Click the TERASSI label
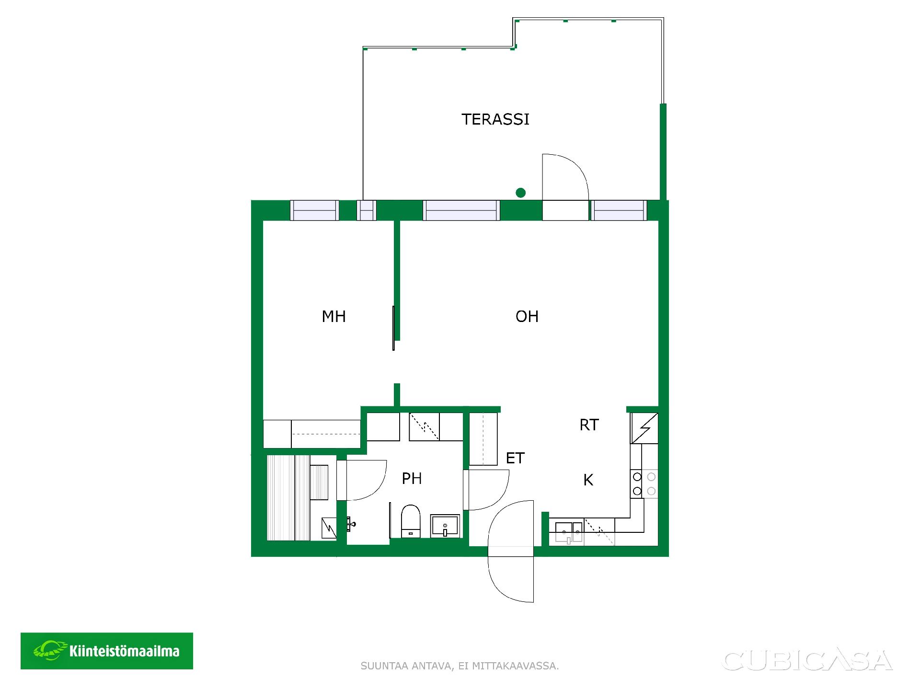[x=495, y=119]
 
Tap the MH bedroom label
[x=334, y=316]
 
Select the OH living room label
[x=527, y=316]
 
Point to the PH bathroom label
[x=412, y=478]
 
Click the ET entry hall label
[x=515, y=458]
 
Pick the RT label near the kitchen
[x=589, y=425]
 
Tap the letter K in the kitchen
[x=588, y=480]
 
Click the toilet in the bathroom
[x=410, y=521]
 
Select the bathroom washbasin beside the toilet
[x=445, y=526]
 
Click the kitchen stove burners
[x=644, y=484]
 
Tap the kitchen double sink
[x=569, y=532]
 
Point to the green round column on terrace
[x=521, y=193]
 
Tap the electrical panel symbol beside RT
[x=644, y=428]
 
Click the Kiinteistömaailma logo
[x=107, y=651]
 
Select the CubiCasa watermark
[x=807, y=660]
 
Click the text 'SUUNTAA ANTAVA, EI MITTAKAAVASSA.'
[x=460, y=666]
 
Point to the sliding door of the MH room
[x=393, y=328]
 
